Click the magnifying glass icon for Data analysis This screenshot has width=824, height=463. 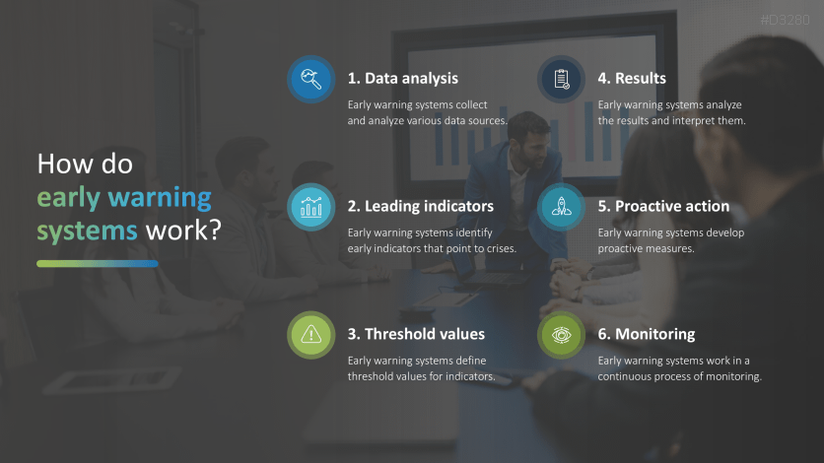(x=311, y=79)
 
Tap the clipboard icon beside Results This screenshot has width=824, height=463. (x=561, y=79)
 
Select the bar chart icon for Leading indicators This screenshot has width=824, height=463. (x=311, y=207)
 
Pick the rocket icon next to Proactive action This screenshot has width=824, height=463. (x=561, y=207)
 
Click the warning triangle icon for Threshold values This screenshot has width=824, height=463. (x=311, y=335)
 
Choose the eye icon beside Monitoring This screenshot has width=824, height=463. (x=561, y=335)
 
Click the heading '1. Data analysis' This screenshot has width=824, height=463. (x=402, y=78)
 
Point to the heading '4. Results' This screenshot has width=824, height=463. (x=632, y=78)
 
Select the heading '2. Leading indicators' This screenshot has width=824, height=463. (x=421, y=206)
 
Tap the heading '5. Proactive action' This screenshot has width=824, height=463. (x=663, y=206)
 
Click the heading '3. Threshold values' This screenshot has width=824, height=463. (x=416, y=334)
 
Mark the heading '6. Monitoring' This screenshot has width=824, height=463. (x=647, y=334)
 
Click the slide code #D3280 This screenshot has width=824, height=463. (x=786, y=20)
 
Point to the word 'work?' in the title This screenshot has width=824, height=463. (x=183, y=231)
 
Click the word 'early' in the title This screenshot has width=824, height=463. (x=68, y=198)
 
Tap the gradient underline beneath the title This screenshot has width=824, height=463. (x=98, y=264)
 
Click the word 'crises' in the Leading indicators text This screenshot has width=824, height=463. (x=501, y=248)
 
